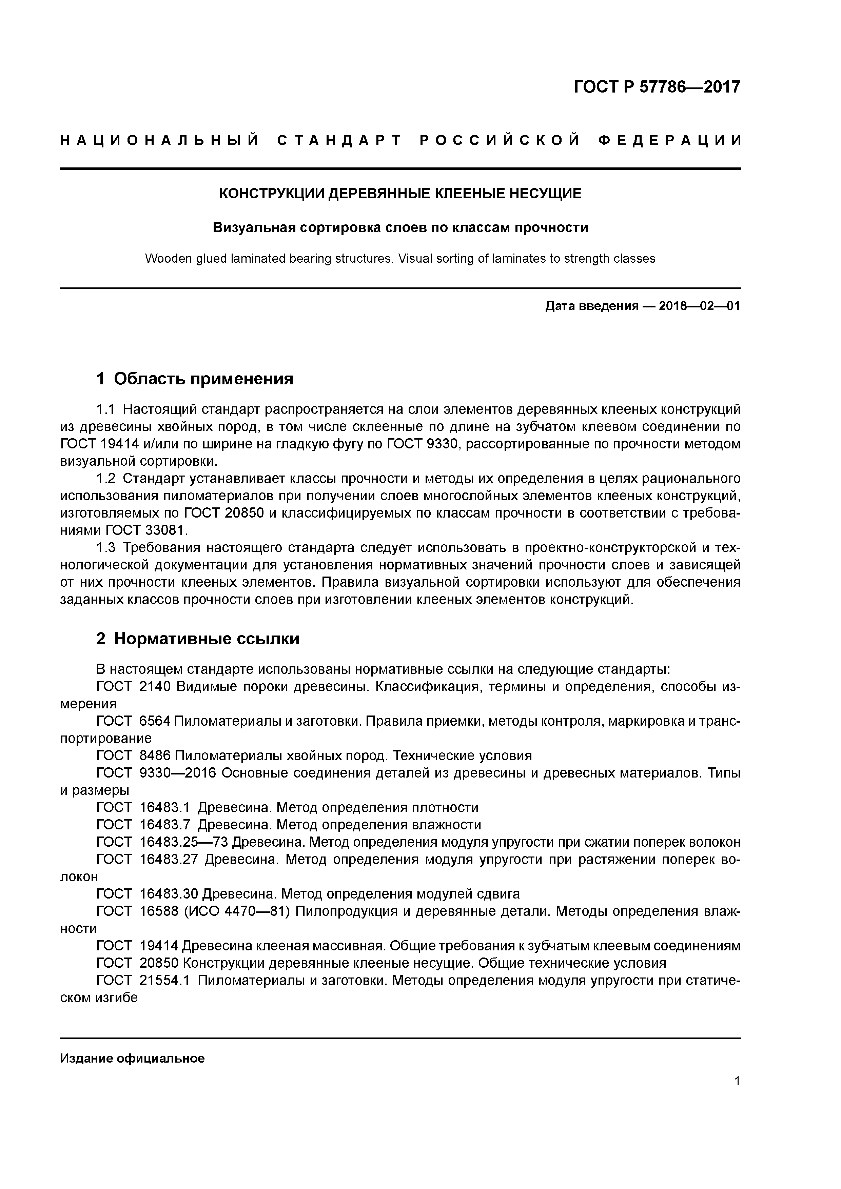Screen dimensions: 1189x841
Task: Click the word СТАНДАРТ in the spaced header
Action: coord(339,140)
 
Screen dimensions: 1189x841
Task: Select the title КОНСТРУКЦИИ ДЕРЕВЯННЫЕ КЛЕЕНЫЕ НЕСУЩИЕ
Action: coord(400,194)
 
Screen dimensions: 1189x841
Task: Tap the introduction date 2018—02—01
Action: coord(700,306)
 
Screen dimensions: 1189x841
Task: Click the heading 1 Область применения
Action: coord(195,379)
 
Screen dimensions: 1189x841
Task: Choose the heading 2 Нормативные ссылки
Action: coord(198,639)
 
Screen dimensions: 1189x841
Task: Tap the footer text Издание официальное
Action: coord(132,1044)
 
